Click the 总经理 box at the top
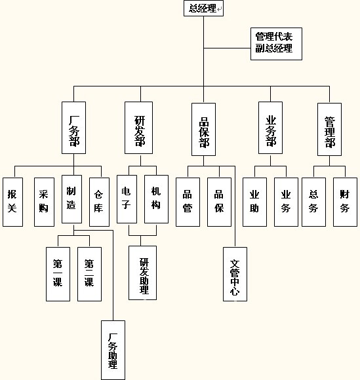coord(203,9)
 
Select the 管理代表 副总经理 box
coord(276,44)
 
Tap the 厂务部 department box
coord(73,128)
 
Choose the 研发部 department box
coord(138,128)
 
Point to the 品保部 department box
coord(203,130)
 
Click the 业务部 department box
coord(270,128)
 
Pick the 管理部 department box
coord(329,130)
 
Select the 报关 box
coord(13,202)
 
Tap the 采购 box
coord(44,202)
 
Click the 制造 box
coord(72,199)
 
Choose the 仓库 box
coord(99,202)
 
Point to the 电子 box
coord(127,199)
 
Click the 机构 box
coord(156,199)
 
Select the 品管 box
coord(188,202)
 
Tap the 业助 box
coord(254,202)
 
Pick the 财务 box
coord(345,202)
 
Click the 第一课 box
coord(58,274)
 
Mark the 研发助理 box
coord(143,273)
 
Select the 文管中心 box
coord(235,274)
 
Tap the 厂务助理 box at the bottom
coord(113,351)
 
